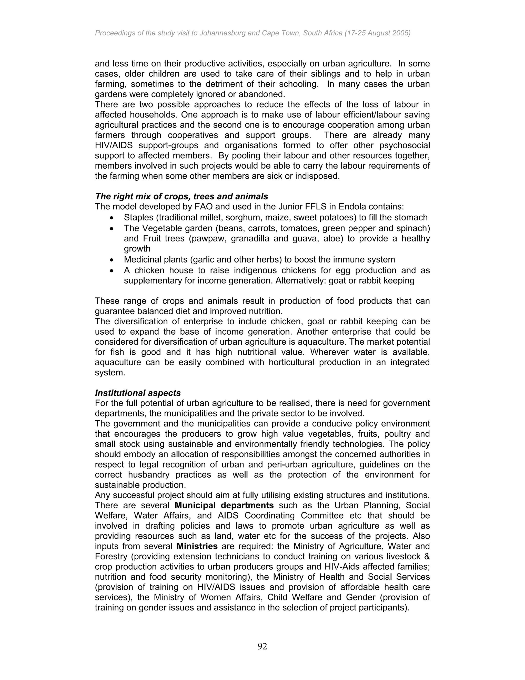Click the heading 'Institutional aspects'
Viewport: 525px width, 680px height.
pos(138,393)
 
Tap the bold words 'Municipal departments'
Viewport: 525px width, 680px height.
pos(224,505)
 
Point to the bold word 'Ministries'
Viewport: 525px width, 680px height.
pos(197,546)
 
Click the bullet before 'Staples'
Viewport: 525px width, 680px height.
pos(112,218)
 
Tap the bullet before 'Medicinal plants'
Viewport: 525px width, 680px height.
pos(112,260)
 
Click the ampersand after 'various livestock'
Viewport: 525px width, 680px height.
pos(426,556)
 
